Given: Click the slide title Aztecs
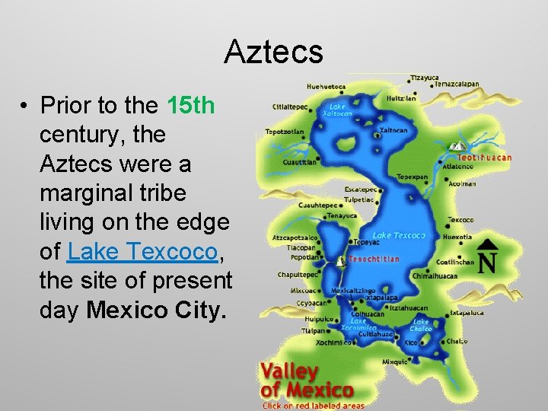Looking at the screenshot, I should pos(274,52).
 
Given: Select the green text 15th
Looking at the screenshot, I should pos(190,105).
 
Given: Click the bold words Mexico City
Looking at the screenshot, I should pos(157,310).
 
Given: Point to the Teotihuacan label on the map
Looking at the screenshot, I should pos(484,158).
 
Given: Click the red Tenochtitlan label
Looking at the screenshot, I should pos(374,260).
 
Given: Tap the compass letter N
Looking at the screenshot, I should pos(488,262).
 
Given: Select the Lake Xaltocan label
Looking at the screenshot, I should pos(337,110).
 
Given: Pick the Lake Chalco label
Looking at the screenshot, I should pos(421,326).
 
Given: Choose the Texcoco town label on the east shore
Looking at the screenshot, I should pos(460,221).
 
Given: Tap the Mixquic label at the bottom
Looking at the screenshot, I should pos(394,362).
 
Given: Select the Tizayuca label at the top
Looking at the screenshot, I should pos(425,78).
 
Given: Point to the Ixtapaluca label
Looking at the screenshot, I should pos(466,312).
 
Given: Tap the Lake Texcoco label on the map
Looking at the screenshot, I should pos(399,236).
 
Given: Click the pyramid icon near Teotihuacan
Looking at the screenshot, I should pos(458,145).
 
